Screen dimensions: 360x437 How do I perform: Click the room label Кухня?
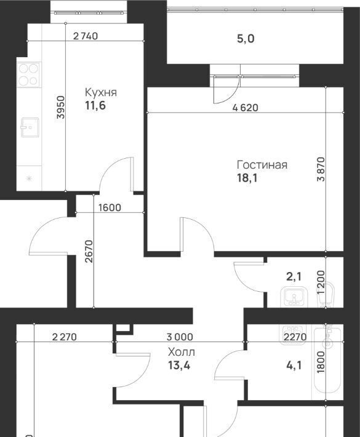[x=100, y=92]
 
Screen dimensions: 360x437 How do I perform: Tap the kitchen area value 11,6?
[x=95, y=106]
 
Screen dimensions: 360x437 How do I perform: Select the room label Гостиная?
[x=262, y=165]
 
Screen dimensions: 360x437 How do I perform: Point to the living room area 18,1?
[x=247, y=178]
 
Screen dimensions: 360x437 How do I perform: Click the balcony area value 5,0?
[x=246, y=39]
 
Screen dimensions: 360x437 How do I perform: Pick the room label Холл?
[x=182, y=352]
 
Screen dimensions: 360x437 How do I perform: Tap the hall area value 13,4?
[x=179, y=365]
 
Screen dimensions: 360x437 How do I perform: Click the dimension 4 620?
[x=246, y=108]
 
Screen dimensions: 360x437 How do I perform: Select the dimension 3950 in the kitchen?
[x=60, y=107]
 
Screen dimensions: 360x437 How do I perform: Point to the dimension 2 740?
[x=86, y=36]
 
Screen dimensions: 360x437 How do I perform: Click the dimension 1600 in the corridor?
[x=110, y=207]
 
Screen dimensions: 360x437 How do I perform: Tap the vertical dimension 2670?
[x=89, y=252]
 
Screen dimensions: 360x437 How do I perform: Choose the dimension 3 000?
[x=180, y=337]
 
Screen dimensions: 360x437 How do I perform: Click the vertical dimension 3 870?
[x=321, y=169]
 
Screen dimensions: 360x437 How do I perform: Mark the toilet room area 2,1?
[x=294, y=277]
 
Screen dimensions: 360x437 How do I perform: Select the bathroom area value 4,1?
[x=294, y=365]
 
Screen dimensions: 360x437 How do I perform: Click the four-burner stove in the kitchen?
[x=28, y=74]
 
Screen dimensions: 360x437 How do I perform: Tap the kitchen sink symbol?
[x=30, y=127]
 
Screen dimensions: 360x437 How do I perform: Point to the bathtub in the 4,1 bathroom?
[x=327, y=360]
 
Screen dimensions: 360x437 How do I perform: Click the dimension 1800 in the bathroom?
[x=321, y=362]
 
